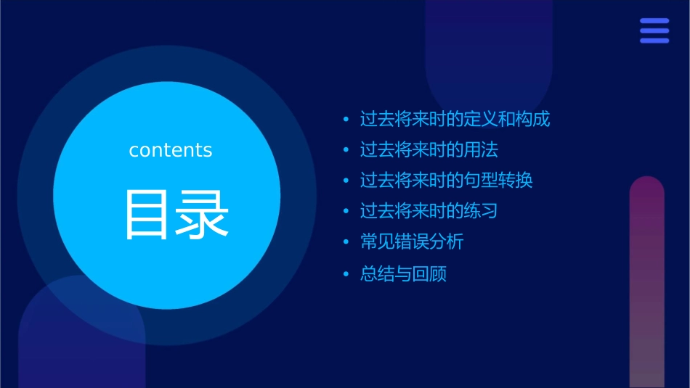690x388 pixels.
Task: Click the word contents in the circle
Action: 171,150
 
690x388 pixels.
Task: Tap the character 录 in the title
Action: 198,215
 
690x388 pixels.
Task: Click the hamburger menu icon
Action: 654,31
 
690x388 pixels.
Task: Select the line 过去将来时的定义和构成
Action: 455,119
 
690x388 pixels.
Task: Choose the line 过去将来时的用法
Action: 429,150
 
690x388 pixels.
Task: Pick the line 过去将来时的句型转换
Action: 446,180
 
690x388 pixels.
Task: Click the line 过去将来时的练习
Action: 429,211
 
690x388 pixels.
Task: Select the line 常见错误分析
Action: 411,242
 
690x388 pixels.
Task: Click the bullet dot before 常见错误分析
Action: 346,242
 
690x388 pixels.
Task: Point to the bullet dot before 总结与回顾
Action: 346,275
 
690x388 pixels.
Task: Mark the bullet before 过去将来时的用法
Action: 346,150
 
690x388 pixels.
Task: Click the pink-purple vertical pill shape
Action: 646,283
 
